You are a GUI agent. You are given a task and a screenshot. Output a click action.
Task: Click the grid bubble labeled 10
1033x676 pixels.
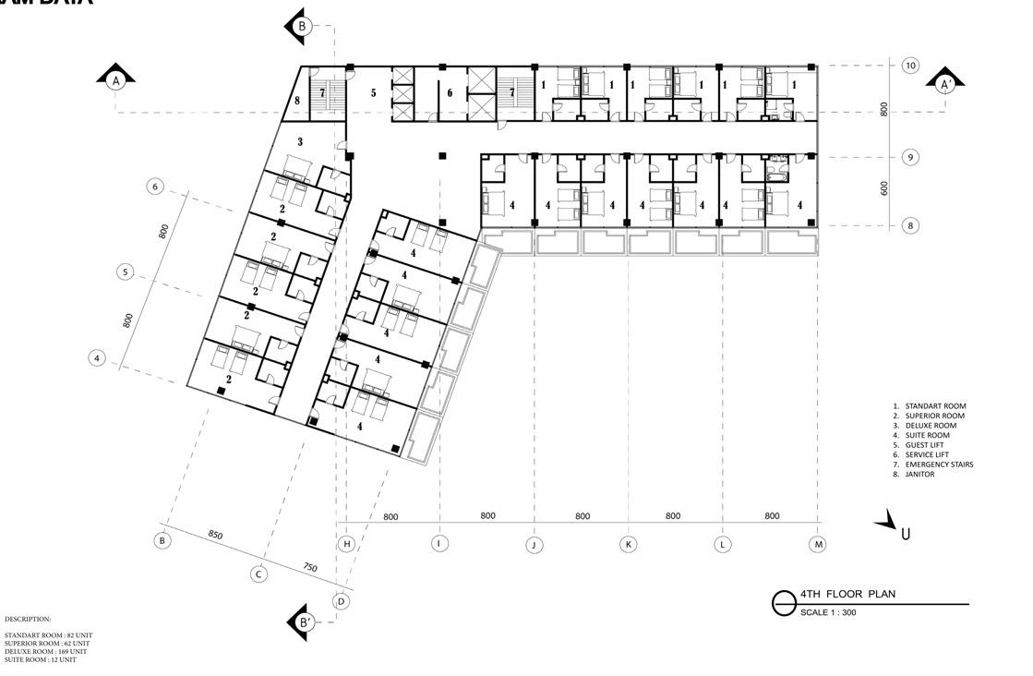pos(910,66)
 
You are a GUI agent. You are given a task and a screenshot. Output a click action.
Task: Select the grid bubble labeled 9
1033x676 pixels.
pos(910,157)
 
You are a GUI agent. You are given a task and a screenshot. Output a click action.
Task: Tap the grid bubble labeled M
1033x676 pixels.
pos(818,544)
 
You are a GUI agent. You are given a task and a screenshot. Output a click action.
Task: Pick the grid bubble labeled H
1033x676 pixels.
pos(347,544)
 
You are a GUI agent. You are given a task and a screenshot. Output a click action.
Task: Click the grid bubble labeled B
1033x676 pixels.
pos(162,540)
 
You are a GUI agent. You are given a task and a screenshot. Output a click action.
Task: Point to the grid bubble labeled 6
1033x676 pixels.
pos(155,187)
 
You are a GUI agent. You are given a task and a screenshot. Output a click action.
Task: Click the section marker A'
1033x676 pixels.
pos(944,83)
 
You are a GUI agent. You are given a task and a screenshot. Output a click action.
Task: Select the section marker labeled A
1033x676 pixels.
pos(116,80)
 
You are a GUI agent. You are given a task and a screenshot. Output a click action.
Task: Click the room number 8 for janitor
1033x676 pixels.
pos(297,101)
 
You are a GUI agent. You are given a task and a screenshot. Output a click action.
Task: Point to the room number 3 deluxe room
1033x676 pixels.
pos(300,142)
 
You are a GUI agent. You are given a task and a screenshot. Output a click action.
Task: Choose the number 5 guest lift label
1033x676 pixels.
pos(374,92)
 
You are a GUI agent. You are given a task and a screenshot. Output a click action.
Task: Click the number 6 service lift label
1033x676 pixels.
pos(450,92)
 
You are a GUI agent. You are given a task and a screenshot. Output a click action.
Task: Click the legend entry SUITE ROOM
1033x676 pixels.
pos(927,435)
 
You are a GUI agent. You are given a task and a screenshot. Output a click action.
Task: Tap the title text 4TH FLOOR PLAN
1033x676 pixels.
pos(847,594)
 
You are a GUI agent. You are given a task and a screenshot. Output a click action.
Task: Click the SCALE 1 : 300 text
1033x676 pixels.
pos(828,612)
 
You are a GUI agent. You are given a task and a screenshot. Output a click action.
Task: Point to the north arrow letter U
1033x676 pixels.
pos(905,533)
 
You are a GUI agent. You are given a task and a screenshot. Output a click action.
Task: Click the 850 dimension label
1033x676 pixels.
pos(215,535)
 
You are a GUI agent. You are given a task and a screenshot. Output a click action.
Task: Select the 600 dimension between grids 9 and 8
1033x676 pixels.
pos(883,187)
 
